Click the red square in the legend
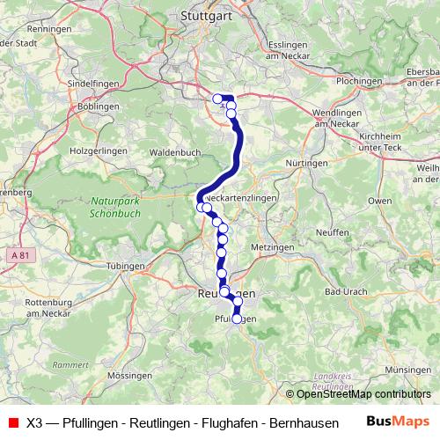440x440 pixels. pyautogui.click(x=12, y=422)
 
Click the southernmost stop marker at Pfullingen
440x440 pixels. pyautogui.click(x=236, y=319)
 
